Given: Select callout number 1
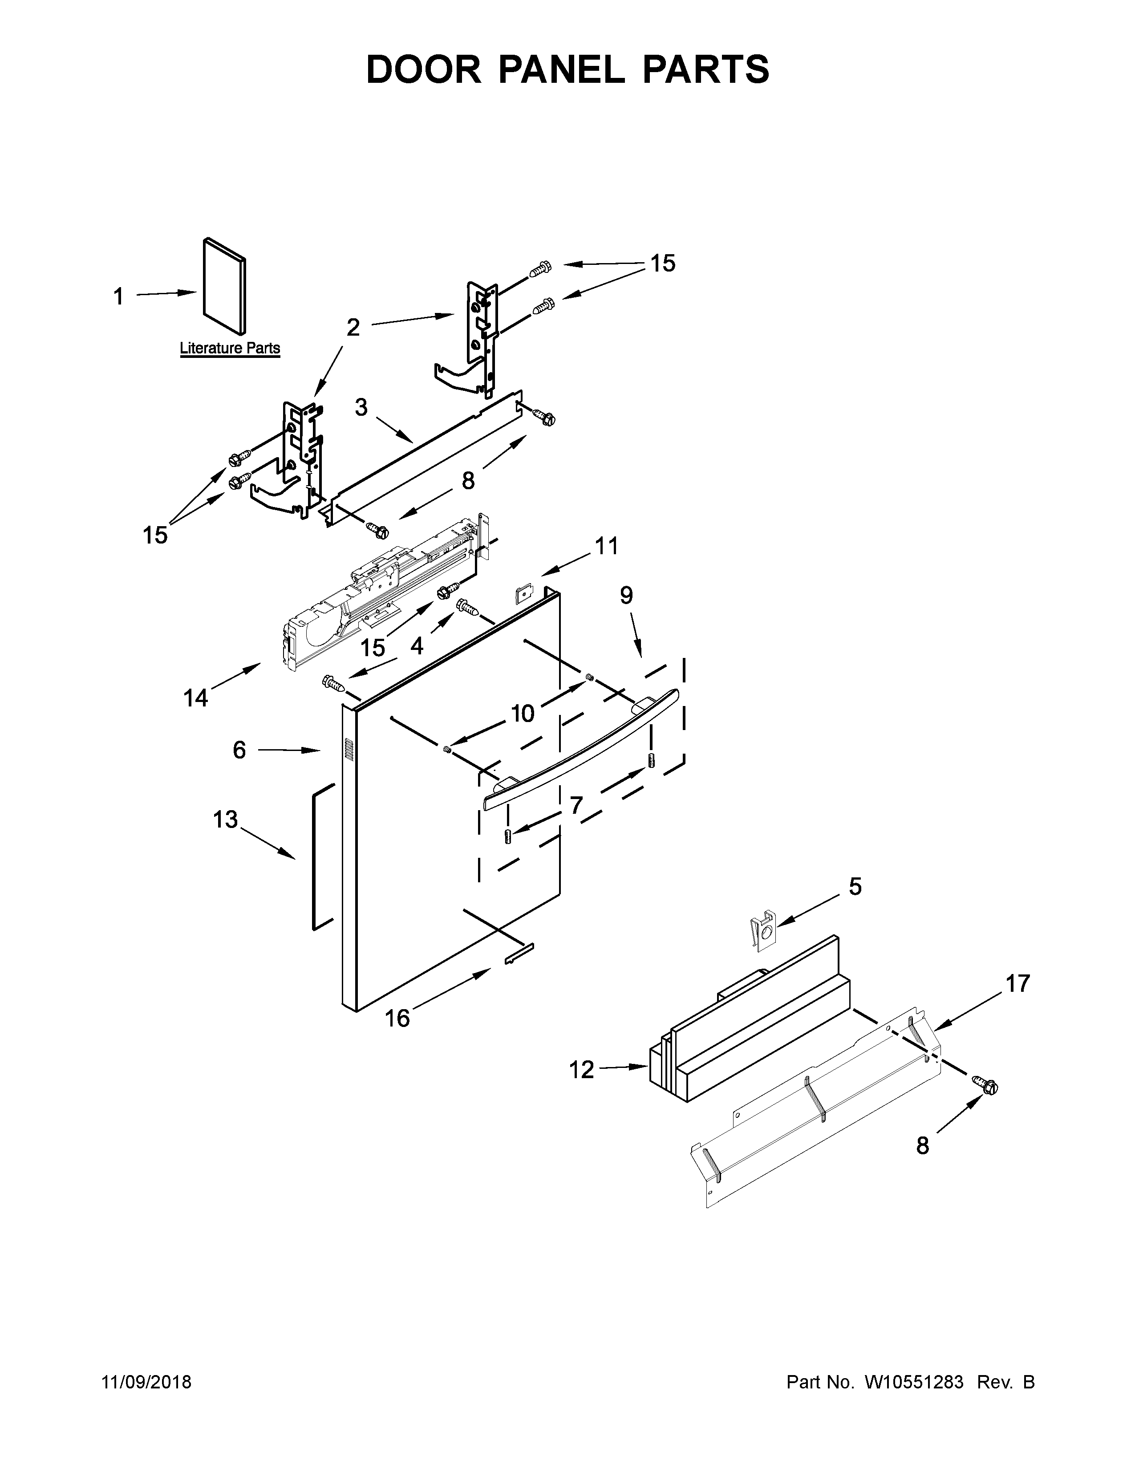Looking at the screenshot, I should point(118,296).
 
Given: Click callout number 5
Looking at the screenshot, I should point(855,886).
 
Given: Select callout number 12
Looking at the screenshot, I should point(582,1069).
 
